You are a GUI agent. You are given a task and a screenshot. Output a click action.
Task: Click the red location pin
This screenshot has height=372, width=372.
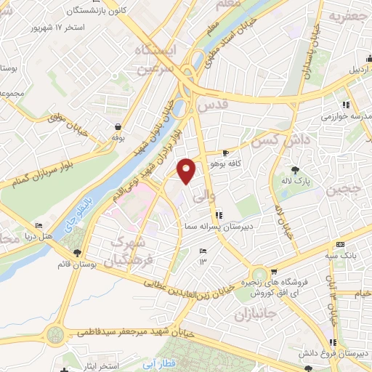pyautogui.click(x=187, y=170)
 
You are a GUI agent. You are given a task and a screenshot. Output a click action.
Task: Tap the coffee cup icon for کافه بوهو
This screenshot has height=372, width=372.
pyautogui.click(x=226, y=153)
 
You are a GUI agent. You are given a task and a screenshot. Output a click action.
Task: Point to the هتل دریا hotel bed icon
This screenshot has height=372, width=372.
pyautogui.click(x=39, y=226)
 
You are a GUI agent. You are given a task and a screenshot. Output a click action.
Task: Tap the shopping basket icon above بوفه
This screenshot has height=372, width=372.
pyautogui.click(x=117, y=126)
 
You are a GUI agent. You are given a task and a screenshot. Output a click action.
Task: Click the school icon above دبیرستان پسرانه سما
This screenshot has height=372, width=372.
pyautogui.click(x=219, y=214)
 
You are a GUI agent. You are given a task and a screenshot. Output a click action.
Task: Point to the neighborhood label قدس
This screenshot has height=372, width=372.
pyautogui.click(x=214, y=107)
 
